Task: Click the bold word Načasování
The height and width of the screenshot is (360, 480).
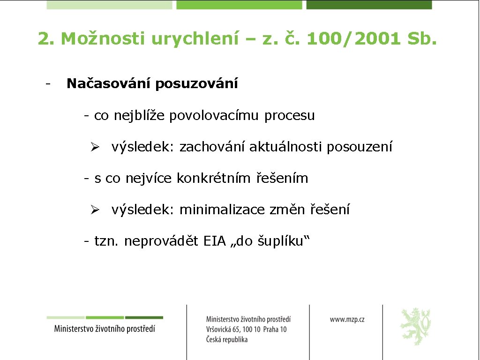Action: click(x=109, y=84)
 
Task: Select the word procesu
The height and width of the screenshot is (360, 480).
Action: click(x=290, y=115)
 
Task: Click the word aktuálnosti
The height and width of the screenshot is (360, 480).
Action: click(x=286, y=147)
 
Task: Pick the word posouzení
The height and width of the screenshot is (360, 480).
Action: click(x=360, y=147)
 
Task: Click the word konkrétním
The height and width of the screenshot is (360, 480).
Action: click(x=214, y=179)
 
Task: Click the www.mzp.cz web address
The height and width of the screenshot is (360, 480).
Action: click(x=347, y=319)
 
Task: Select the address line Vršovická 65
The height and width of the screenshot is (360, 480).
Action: click(x=246, y=330)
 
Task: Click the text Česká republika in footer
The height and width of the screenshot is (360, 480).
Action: click(x=227, y=340)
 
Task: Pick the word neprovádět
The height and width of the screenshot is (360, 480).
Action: click(x=162, y=241)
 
